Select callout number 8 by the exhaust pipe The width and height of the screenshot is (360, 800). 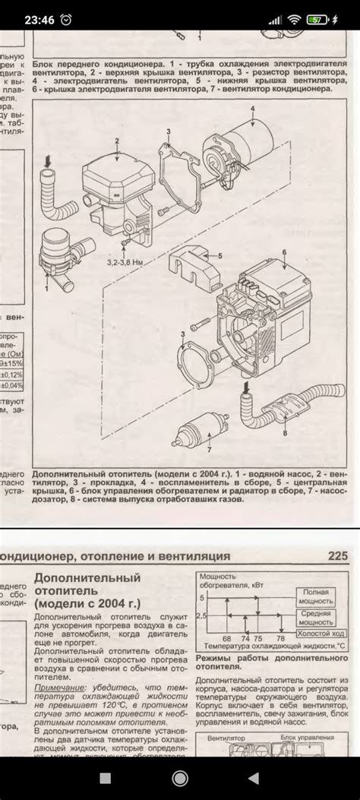pos(285,434)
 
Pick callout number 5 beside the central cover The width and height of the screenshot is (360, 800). pos(220,257)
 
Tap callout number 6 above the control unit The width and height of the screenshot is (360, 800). pos(283,251)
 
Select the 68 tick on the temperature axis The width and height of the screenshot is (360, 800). pos(226,638)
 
